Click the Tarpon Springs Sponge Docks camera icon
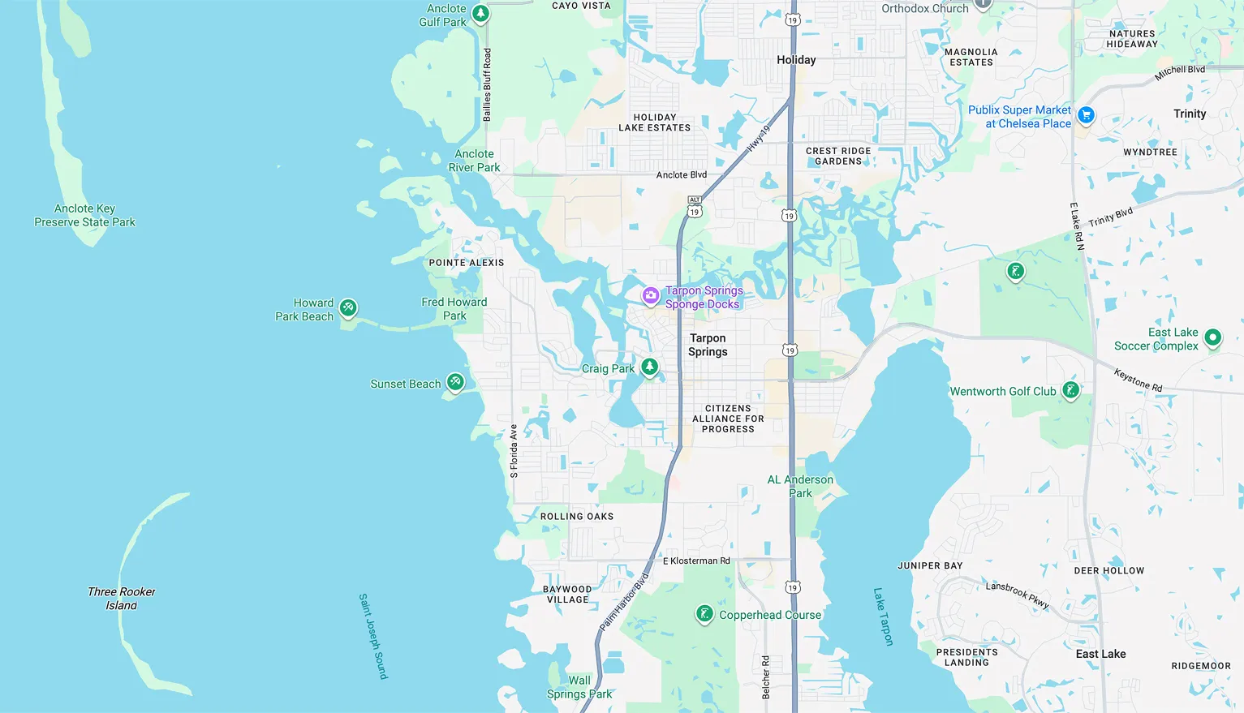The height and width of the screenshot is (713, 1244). (x=650, y=296)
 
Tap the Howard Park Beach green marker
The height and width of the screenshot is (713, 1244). (x=348, y=307)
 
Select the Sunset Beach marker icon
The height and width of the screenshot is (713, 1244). (x=455, y=381)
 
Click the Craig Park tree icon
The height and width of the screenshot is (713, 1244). (x=649, y=367)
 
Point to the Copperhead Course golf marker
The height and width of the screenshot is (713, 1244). (x=704, y=614)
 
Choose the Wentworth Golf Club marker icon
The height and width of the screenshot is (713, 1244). (x=1070, y=390)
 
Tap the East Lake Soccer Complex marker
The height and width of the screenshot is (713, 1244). (x=1212, y=337)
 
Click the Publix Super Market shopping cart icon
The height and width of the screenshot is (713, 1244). (x=1086, y=115)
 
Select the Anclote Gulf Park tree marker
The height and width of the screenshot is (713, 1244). (x=480, y=13)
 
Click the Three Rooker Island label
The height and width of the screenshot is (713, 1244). (x=122, y=599)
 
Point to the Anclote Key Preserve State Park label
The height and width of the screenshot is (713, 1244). (x=84, y=215)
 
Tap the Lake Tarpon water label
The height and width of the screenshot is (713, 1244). (x=883, y=616)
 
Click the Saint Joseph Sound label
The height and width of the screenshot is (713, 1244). (x=373, y=636)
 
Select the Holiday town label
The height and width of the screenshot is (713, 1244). (x=796, y=60)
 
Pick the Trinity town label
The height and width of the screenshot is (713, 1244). (x=1190, y=114)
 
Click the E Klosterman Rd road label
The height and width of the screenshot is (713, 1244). (x=696, y=561)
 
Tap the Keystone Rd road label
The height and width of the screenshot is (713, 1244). (x=1138, y=380)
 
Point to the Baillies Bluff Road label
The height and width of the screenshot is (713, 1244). (x=487, y=85)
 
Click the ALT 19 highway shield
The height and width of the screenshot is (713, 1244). (x=694, y=206)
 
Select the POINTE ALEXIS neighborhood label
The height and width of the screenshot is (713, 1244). (x=467, y=263)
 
